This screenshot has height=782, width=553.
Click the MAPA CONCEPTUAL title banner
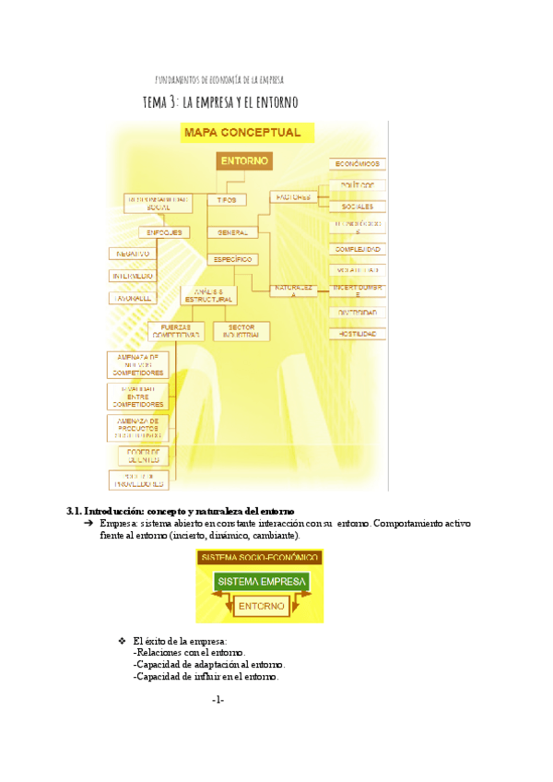[245, 133]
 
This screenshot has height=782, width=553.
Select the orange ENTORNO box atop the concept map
[244, 161]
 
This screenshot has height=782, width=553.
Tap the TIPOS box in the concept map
[227, 199]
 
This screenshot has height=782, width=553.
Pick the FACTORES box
[293, 197]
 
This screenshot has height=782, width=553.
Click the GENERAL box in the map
[227, 232]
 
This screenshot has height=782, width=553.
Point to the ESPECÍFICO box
[232, 260]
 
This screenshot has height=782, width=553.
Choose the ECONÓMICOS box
[358, 164]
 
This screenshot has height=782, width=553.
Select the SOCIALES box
[358, 207]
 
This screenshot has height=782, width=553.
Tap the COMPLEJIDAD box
[358, 250]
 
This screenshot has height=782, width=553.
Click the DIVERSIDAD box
[358, 313]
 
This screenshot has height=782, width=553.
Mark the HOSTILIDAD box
[358, 334]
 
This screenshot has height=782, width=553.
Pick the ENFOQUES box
[164, 232]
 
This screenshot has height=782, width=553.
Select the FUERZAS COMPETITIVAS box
[175, 331]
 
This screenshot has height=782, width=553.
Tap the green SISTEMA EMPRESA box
[259, 583]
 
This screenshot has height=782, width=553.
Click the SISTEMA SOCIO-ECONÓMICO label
[259, 558]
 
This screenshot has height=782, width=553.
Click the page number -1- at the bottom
[218, 701]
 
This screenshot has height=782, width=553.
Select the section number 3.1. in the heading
[76, 511]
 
